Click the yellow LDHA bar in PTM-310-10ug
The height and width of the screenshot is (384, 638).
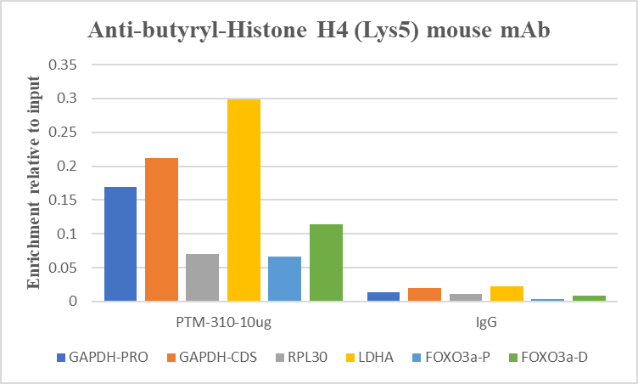(x=243, y=200)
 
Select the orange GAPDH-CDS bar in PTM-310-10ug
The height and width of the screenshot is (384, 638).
(x=161, y=229)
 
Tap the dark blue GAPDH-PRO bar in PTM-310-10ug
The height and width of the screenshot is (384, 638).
(x=120, y=244)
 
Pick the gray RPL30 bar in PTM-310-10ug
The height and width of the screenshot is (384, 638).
(x=203, y=278)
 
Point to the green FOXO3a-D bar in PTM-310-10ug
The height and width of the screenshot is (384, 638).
(x=326, y=263)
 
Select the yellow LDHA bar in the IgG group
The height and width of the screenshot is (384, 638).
(x=506, y=294)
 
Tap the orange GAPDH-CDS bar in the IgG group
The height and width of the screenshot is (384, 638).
(x=424, y=295)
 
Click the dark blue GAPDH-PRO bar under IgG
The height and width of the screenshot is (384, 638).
(x=383, y=296)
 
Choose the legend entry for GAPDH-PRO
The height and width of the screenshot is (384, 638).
(x=103, y=358)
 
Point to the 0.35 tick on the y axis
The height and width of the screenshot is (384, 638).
(x=64, y=65)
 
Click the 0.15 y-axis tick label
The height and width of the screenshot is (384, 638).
(x=64, y=200)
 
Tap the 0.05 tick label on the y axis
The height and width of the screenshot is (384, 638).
(x=64, y=268)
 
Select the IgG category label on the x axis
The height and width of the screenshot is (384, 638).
(x=485, y=324)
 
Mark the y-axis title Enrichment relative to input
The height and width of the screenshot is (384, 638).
(x=34, y=182)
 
